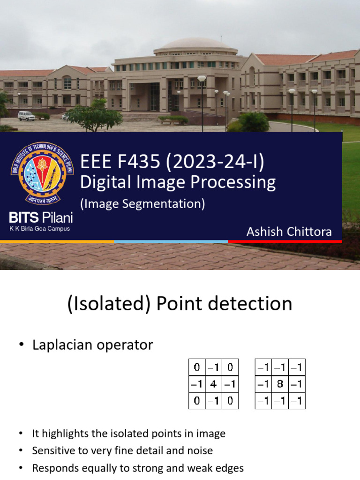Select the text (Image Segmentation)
[x=143, y=203]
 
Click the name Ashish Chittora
[x=289, y=232]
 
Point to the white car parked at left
[x=26, y=116]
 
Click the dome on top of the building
[x=195, y=44]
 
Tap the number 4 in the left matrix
[x=213, y=384]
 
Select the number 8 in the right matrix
[x=280, y=384]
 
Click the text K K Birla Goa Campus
[x=40, y=229]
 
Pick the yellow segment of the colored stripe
[x=57, y=241]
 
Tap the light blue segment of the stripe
[x=171, y=241]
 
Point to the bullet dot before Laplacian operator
[x=21, y=345]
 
